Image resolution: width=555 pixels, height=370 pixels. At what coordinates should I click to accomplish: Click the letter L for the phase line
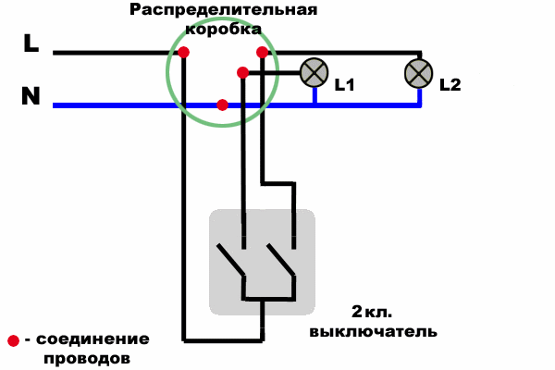[31, 43]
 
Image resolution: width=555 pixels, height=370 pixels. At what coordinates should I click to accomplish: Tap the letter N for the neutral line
[31, 95]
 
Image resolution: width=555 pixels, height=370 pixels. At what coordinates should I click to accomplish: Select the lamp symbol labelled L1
[314, 72]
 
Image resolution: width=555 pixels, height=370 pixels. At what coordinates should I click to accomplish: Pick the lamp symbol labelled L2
[419, 74]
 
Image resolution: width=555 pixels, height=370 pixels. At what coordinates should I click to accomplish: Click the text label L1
[345, 85]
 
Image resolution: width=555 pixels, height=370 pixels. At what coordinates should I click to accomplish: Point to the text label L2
[450, 85]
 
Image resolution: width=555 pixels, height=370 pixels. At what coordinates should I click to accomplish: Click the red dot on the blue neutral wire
[222, 105]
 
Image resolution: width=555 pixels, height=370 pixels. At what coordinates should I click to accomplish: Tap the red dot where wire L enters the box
[183, 53]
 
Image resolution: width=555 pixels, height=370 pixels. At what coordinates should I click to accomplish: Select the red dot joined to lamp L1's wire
[242, 73]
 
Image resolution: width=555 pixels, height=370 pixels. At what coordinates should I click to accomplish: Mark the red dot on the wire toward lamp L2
[263, 53]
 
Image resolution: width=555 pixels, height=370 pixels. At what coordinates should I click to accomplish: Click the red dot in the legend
[14, 340]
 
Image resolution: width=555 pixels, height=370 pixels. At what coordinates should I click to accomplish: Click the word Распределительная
[223, 10]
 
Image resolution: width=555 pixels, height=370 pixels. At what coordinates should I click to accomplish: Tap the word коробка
[223, 29]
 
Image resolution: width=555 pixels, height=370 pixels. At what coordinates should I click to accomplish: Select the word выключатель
[374, 332]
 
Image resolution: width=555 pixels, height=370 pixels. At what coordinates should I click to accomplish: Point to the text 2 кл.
[372, 312]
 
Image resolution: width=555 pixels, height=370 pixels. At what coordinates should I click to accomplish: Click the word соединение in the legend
[92, 339]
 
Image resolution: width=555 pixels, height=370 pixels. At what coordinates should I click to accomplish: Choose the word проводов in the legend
[87, 359]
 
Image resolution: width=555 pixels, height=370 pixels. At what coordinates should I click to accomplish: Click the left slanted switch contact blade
[230, 260]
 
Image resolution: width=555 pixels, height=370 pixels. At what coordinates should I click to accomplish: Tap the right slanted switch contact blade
[281, 260]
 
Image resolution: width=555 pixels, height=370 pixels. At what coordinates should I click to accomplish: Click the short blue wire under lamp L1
[314, 95]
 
